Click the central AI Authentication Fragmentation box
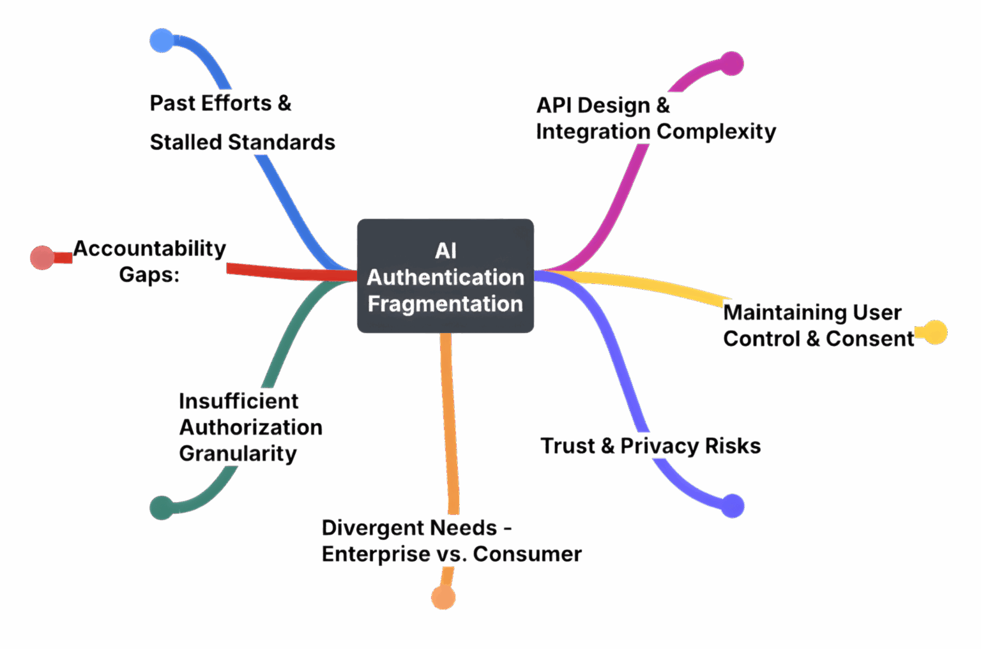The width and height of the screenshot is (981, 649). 445,276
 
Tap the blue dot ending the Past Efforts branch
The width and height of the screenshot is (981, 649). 162,40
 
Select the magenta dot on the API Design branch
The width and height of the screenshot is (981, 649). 732,64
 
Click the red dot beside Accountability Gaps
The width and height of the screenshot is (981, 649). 42,258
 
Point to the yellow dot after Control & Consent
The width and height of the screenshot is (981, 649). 935,332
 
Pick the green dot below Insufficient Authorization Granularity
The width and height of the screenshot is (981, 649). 162,508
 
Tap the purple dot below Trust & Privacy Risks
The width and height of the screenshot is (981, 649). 733,505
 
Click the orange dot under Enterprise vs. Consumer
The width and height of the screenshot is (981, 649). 443,598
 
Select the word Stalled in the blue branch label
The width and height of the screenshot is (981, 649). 186,142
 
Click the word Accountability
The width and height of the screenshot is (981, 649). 149,248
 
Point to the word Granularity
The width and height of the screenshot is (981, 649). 238,454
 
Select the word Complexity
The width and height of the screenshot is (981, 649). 716,131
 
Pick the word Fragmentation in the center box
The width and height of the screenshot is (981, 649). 445,304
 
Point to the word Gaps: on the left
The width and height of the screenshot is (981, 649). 149,274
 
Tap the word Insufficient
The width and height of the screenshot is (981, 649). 239,401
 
